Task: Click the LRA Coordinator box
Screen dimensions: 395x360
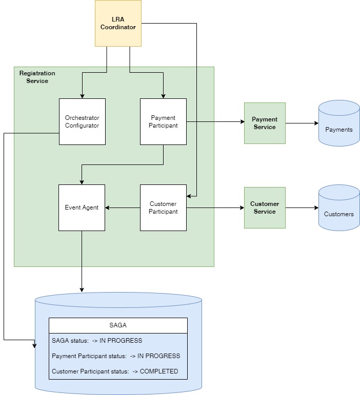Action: [118, 24]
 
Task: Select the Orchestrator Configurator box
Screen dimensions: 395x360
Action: [82, 121]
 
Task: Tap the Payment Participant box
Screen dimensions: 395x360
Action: [163, 121]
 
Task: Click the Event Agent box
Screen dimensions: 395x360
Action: [82, 207]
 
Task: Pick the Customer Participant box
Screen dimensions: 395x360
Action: [163, 207]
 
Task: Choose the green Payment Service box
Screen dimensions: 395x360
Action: [265, 123]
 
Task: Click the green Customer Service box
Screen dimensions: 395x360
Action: [265, 207]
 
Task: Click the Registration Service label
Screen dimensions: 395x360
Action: [37, 77]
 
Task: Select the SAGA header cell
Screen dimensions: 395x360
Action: [118, 325]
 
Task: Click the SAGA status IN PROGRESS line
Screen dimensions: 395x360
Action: [97, 341]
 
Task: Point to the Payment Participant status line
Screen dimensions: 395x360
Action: [116, 356]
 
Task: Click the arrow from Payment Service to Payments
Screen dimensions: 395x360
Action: [302, 123]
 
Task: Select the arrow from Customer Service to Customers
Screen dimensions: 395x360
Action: [302, 208]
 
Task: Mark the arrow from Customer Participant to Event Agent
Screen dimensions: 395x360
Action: [123, 208]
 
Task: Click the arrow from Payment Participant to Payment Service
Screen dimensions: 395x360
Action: [215, 122]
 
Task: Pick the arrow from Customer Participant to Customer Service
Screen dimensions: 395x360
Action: [215, 208]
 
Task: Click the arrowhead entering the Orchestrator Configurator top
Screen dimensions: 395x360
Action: [82, 95]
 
